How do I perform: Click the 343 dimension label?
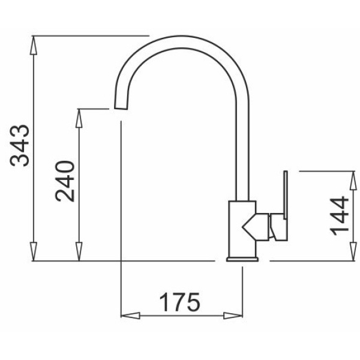point(20,145)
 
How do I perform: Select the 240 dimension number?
point(65,181)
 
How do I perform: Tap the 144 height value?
point(339,216)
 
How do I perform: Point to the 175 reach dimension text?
point(180,302)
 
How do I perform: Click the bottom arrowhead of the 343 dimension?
point(34,251)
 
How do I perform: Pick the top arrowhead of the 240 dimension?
point(79,118)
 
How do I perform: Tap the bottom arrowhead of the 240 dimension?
point(79,251)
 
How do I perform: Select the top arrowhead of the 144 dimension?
point(353,181)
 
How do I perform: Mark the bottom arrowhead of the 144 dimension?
point(353,251)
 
